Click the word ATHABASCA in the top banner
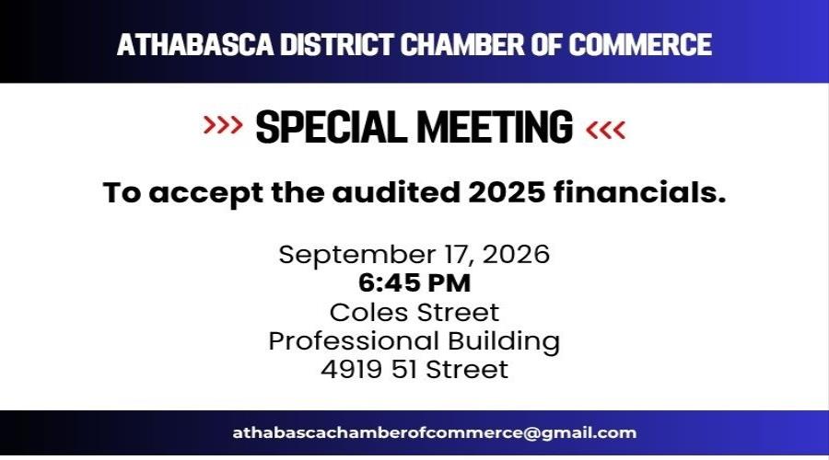click(195, 44)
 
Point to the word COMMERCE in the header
click(640, 44)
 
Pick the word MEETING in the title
click(495, 127)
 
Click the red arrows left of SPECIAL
click(223, 125)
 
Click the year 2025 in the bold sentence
click(506, 192)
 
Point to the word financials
click(640, 192)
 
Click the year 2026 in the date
click(516, 255)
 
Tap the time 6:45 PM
click(414, 283)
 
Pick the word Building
click(504, 342)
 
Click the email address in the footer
click(435, 433)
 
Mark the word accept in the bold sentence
click(205, 193)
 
